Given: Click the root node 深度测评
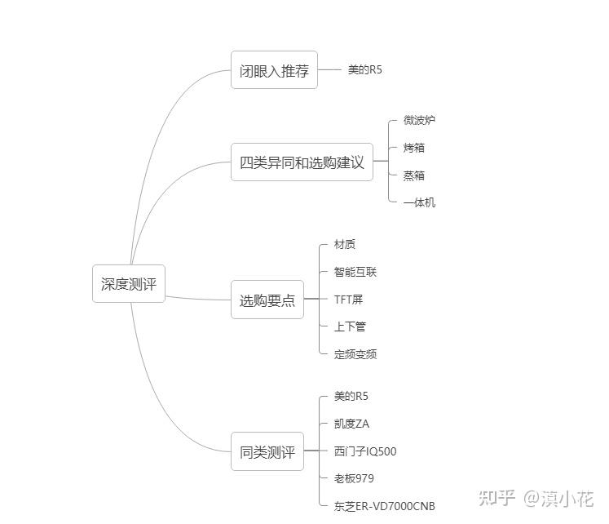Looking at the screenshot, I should (129, 284).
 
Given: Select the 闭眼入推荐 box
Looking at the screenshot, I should (274, 71).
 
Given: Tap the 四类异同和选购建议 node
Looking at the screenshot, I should (302, 162).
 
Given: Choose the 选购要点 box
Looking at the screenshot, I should (267, 300).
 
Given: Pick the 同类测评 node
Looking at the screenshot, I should (267, 451).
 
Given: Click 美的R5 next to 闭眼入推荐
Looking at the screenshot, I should (364, 70).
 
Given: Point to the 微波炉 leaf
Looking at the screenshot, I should (419, 120).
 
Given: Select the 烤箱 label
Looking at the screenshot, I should (413, 148).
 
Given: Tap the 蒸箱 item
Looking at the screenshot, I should (413, 175).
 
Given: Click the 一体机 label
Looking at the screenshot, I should (419, 202).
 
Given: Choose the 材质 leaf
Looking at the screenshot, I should (344, 244).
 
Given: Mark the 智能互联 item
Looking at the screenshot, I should (355, 272).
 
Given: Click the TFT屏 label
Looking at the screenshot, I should (348, 300).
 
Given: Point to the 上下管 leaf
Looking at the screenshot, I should (350, 326).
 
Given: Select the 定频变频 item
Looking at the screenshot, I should (355, 354).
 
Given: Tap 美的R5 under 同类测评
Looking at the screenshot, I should (351, 396).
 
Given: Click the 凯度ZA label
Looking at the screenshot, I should (351, 424).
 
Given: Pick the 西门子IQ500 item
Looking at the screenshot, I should (365, 451).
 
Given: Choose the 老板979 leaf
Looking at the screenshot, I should (354, 478).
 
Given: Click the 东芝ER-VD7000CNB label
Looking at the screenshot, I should (384, 506).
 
